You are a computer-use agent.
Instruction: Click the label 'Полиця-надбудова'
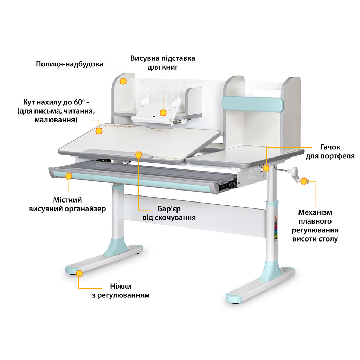(x=69, y=64)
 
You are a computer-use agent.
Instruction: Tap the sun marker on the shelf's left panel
(x=123, y=81)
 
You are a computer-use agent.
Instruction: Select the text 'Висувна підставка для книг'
(x=162, y=63)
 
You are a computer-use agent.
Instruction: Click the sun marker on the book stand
(x=163, y=113)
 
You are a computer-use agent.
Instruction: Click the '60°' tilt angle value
(x=79, y=102)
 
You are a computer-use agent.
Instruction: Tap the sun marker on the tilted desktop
(x=99, y=131)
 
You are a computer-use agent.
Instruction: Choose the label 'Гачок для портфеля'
(x=330, y=152)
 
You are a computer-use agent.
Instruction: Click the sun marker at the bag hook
(x=266, y=168)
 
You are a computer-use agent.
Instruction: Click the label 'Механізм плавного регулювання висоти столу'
(x=315, y=226)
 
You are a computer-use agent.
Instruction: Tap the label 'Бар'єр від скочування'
(x=169, y=213)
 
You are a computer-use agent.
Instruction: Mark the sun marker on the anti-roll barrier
(x=139, y=155)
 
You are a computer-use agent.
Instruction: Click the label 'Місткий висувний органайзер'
(x=67, y=204)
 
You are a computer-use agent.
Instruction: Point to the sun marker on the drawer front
(x=69, y=176)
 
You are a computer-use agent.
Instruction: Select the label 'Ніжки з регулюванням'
(x=121, y=291)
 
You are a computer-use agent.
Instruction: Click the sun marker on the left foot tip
(x=79, y=274)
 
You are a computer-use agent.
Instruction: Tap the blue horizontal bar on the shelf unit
(x=252, y=104)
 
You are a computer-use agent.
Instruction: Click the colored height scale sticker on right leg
(x=276, y=231)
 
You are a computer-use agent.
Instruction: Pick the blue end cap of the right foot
(x=233, y=298)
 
